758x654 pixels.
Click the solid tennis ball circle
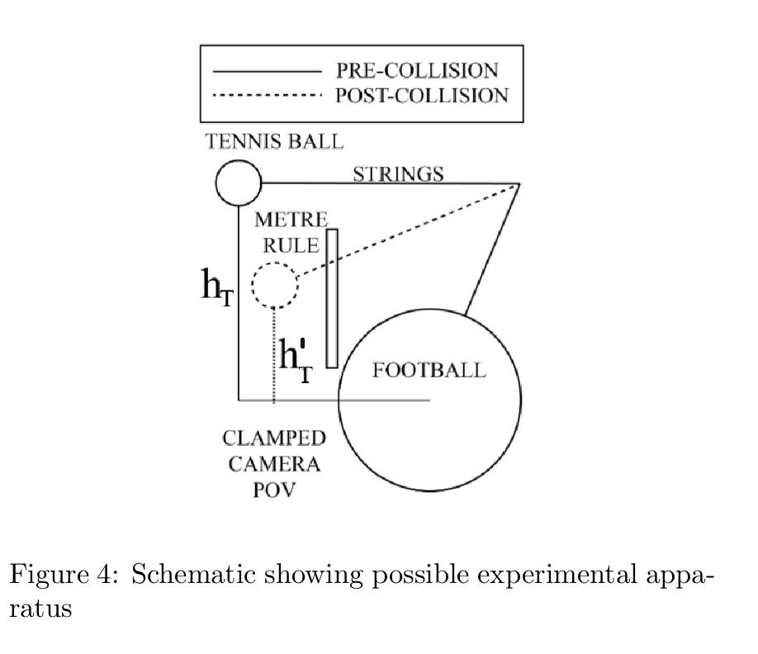pos(239,182)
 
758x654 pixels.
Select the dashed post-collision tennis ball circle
pos(273,285)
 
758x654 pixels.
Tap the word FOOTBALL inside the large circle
pos(429,370)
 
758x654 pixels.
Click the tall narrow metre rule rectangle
pos(332,297)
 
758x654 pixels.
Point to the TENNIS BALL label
pos(273,142)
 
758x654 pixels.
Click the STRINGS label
pos(398,174)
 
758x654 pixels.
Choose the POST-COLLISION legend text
pos(421,96)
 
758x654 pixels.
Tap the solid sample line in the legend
pos(266,72)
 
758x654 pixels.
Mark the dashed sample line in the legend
pos(266,97)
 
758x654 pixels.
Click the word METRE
pos(291,220)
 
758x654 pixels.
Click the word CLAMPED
pos(273,438)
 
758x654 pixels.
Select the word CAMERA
pos(274,464)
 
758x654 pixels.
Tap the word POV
pos(274,490)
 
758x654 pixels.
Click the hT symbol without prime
pos(217,287)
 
